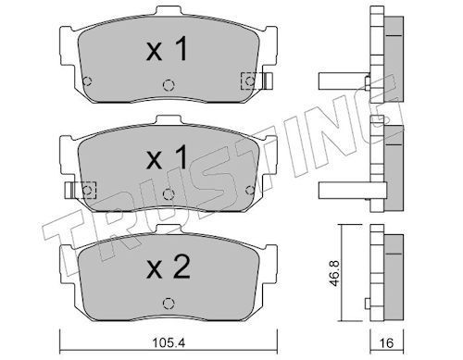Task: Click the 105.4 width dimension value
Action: pyautogui.click(x=169, y=342)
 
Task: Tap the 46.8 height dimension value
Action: pyautogui.click(x=334, y=273)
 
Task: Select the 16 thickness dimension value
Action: pyautogui.click(x=386, y=342)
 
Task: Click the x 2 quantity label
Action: pyautogui.click(x=168, y=267)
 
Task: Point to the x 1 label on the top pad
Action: pyautogui.click(x=167, y=49)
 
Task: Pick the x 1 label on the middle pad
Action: pyautogui.click(x=167, y=157)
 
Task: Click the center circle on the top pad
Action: pyautogui.click(x=169, y=85)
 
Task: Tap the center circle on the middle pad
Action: pyautogui.click(x=169, y=193)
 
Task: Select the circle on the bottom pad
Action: pyautogui.click(x=169, y=304)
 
